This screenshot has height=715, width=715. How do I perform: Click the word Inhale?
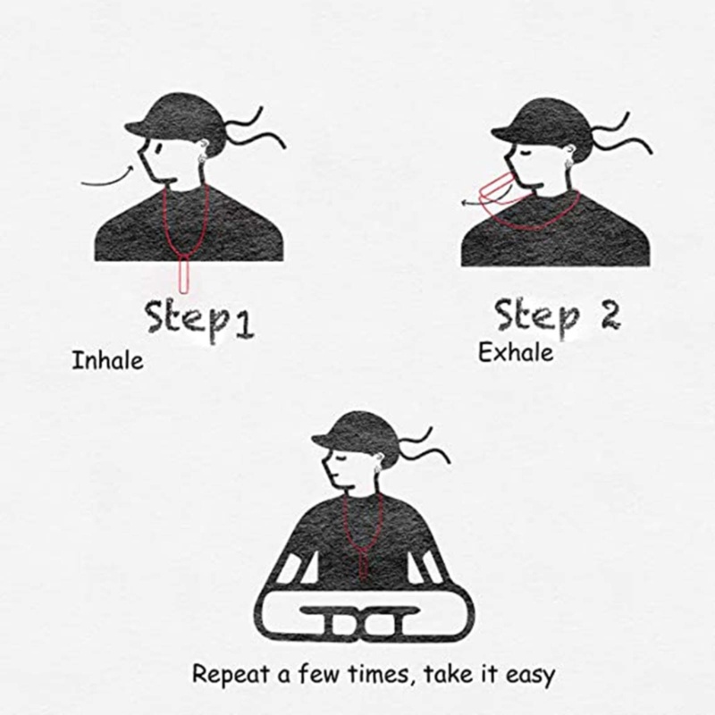tap(107, 360)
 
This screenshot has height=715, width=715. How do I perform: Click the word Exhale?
tap(516, 352)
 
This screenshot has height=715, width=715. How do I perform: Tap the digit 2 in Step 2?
tap(610, 315)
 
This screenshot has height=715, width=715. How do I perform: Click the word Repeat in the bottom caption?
tap(231, 675)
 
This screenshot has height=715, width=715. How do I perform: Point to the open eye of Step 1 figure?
tap(158, 147)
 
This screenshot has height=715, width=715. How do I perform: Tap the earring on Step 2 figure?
tap(568, 164)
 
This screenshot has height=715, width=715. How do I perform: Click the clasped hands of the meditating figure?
tap(357, 620)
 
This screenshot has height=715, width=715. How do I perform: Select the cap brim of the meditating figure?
tap(324, 439)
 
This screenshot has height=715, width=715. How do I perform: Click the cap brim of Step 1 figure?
tap(137, 124)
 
